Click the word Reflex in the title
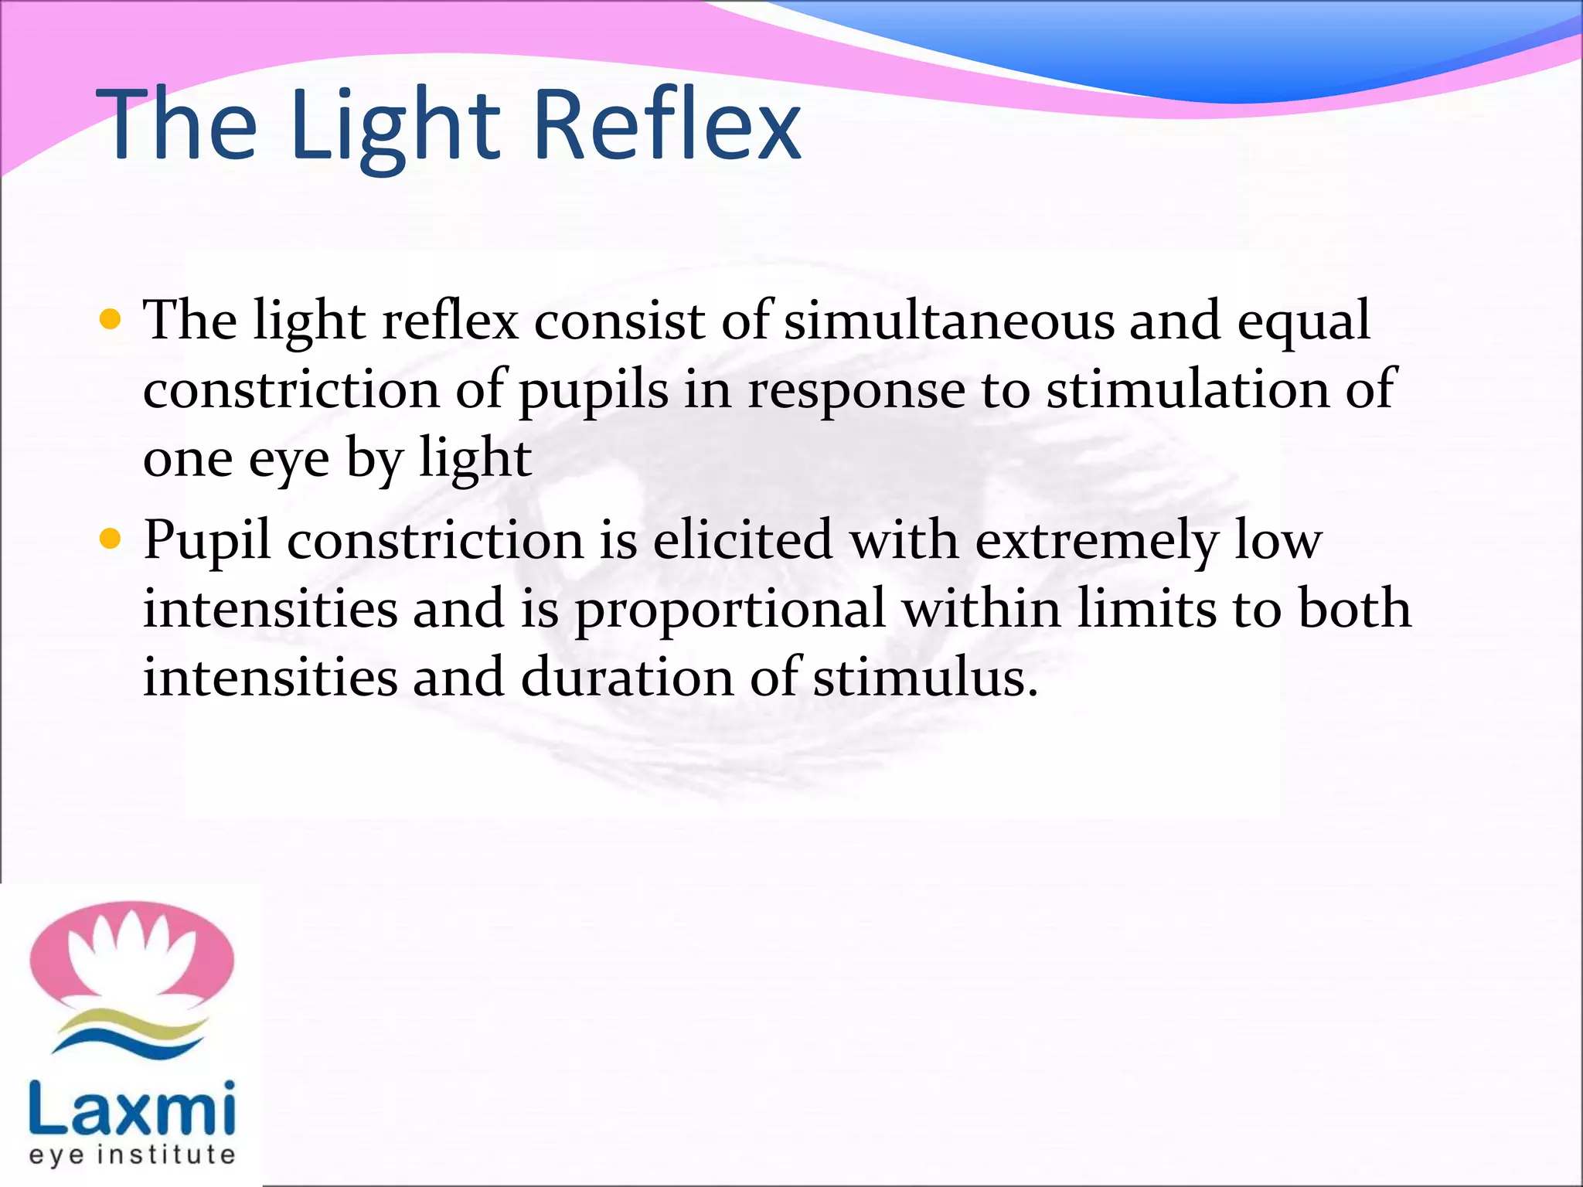pos(666,125)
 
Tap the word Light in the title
pos(396,125)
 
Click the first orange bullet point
pos(111,319)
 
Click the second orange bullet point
pos(111,538)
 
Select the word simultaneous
pos(949,320)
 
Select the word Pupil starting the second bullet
pos(207,541)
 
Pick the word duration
pos(627,677)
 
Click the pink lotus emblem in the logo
pos(131,954)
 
